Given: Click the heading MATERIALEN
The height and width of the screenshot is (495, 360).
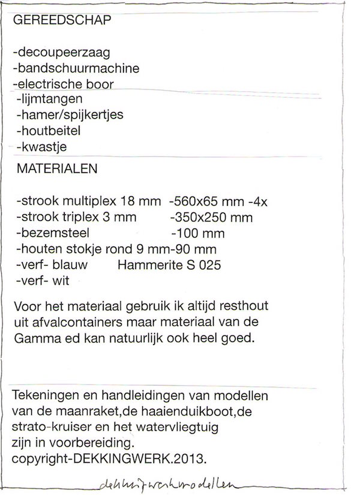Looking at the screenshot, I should click(57, 169).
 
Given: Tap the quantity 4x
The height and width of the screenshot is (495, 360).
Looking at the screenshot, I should click(259, 201).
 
